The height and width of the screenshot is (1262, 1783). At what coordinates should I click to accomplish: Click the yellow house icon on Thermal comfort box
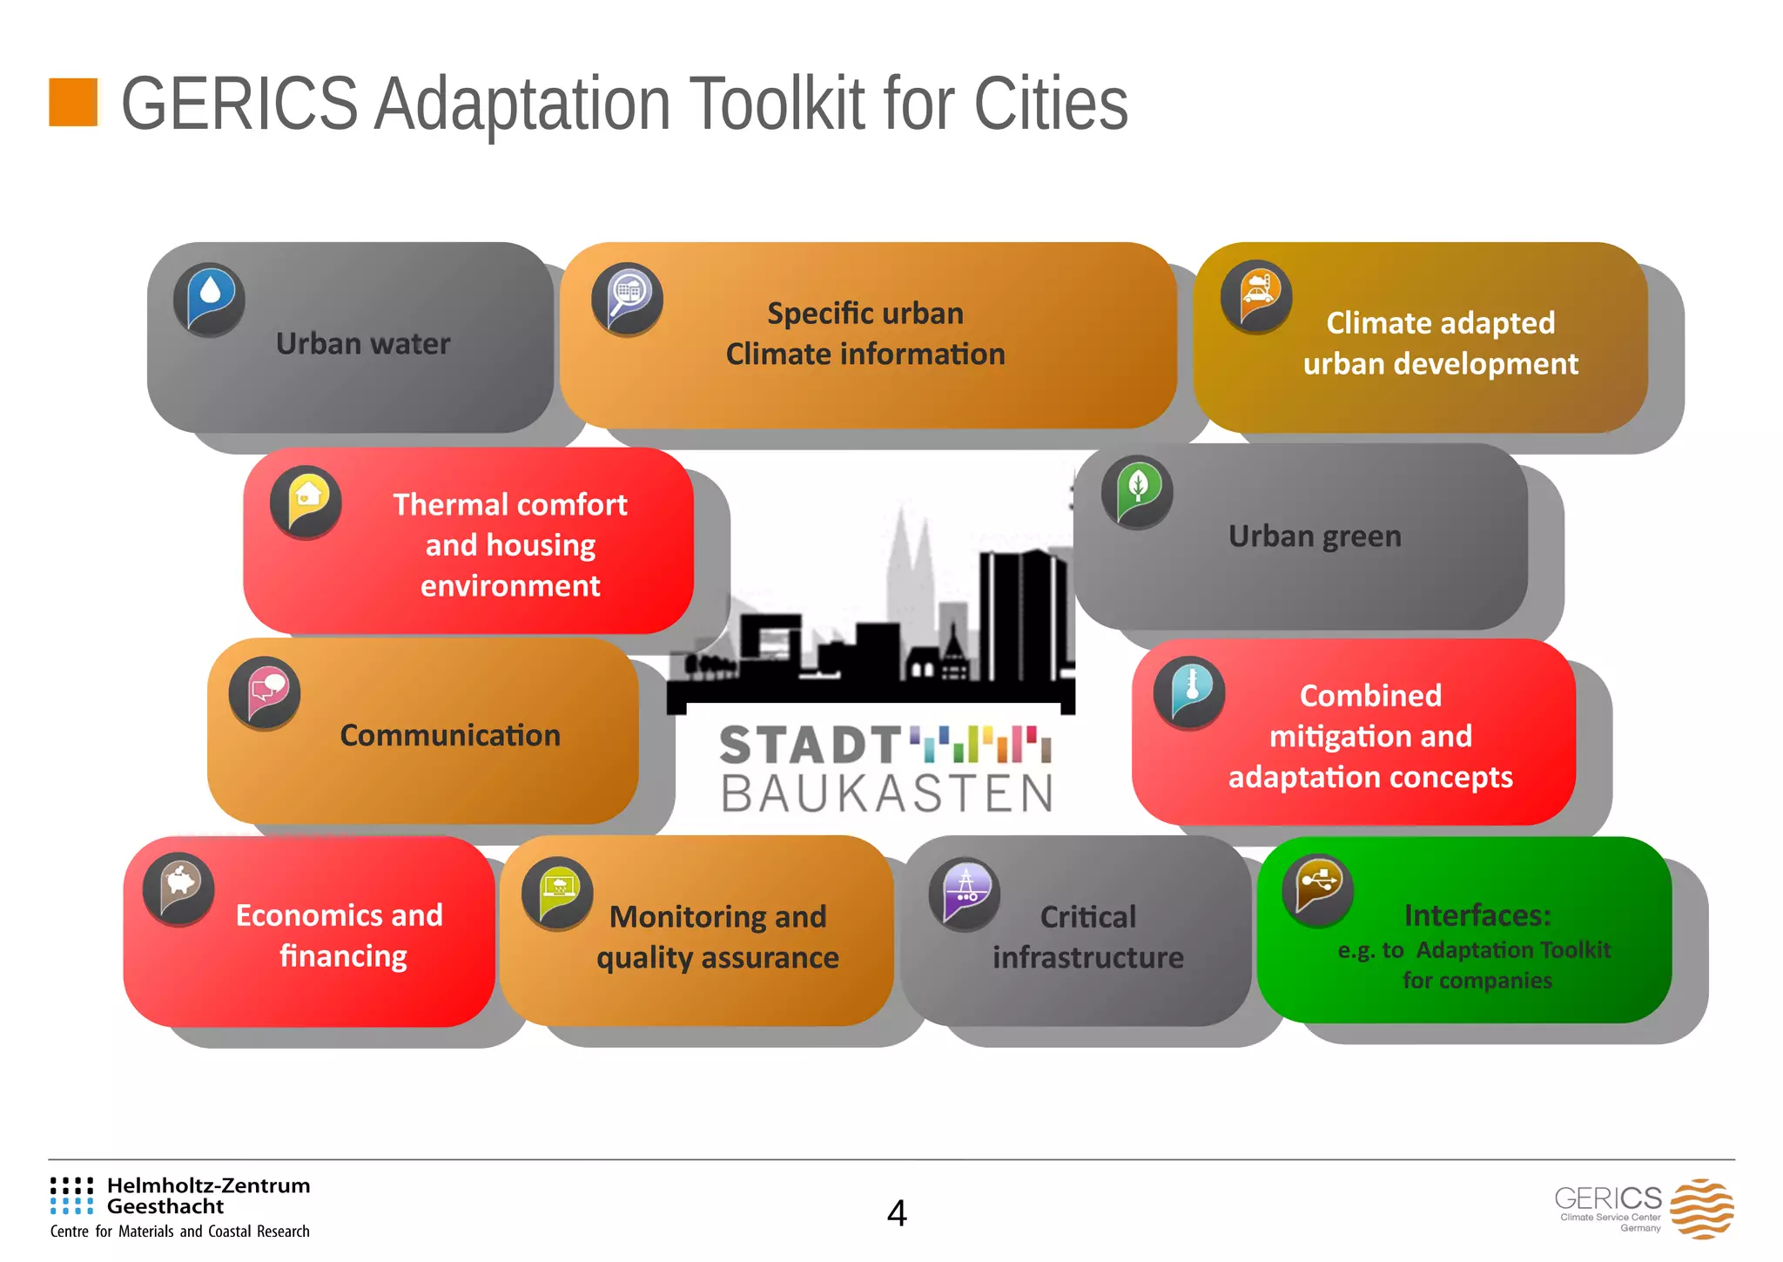(x=306, y=503)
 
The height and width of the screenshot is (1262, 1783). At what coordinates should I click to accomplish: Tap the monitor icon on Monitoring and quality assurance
(x=557, y=894)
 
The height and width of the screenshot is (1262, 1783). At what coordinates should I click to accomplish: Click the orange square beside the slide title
(x=73, y=102)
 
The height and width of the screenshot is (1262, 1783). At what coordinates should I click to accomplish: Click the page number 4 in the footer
(x=897, y=1212)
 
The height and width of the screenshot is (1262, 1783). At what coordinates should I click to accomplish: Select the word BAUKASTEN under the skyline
(x=886, y=793)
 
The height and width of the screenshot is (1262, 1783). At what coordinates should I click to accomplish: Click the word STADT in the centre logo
(x=810, y=746)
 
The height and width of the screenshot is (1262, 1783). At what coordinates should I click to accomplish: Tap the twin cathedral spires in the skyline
(x=910, y=557)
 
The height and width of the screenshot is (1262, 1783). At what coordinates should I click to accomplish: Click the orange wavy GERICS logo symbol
(x=1701, y=1209)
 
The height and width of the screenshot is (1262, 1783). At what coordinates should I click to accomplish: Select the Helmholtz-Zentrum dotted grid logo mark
(x=71, y=1195)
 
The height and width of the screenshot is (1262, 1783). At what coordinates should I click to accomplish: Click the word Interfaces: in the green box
(x=1477, y=915)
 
